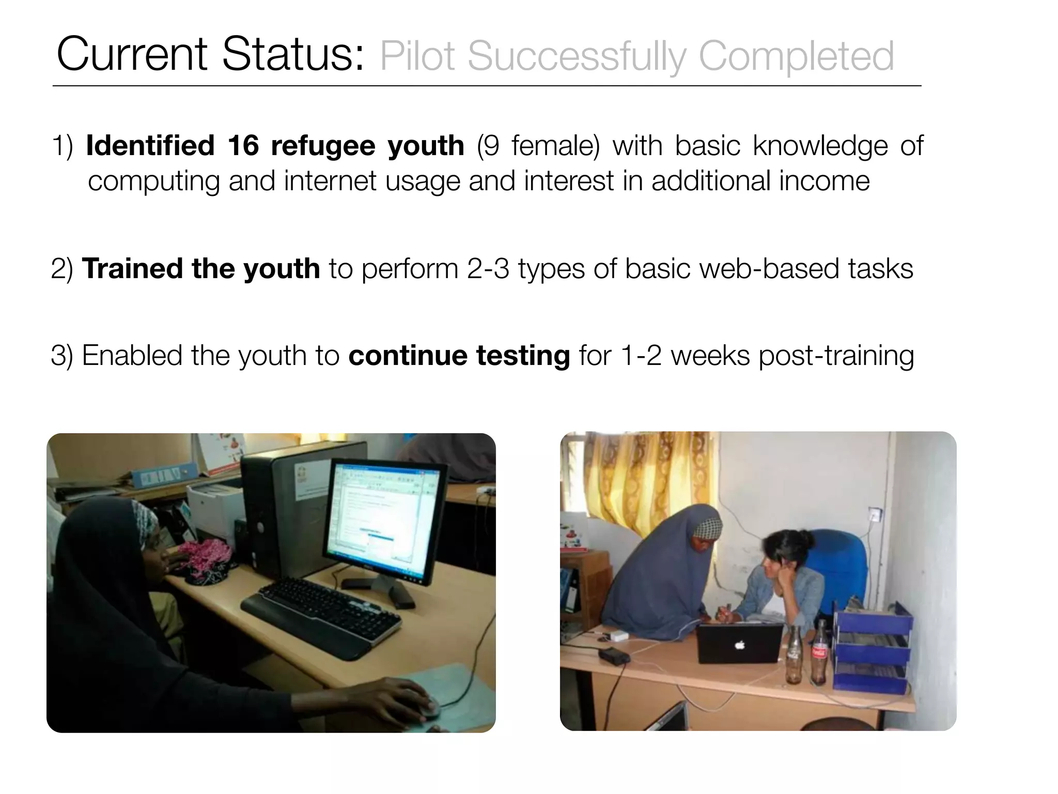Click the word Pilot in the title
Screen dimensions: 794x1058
pyautogui.click(x=418, y=56)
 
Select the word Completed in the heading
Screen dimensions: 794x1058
pyautogui.click(x=796, y=56)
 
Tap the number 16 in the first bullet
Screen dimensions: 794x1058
pyautogui.click(x=243, y=146)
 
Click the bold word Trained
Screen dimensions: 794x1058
pyautogui.click(x=132, y=269)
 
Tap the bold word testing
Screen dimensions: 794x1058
pyautogui.click(x=523, y=356)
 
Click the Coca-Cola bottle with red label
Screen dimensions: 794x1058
pyautogui.click(x=818, y=654)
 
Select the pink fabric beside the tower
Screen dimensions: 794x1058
pyautogui.click(x=206, y=561)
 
